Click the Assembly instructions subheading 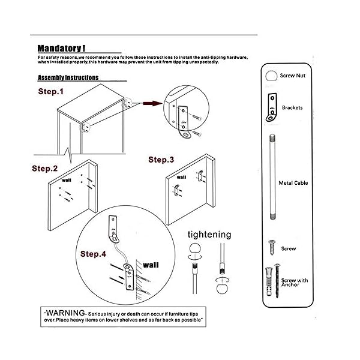68,78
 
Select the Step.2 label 45,169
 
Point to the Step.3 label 161,160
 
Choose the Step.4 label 93,254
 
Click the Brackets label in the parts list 292,108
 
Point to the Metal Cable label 293,182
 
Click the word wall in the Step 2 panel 65,178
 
